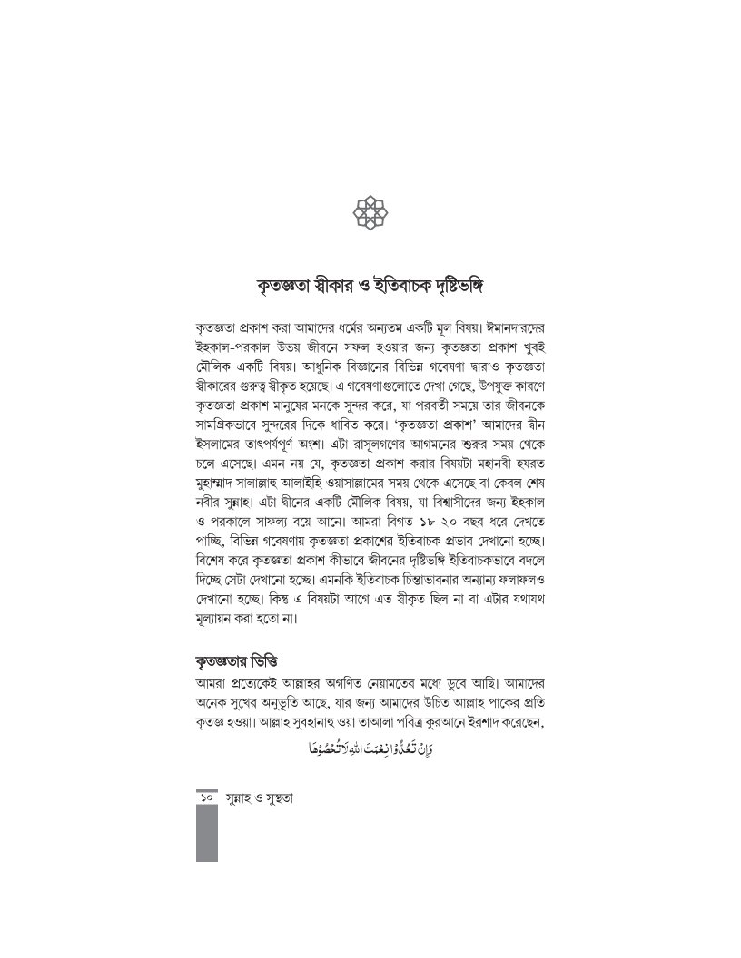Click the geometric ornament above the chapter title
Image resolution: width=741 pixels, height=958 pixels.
(370, 215)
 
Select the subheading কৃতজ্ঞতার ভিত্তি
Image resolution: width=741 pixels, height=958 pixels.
(238, 656)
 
